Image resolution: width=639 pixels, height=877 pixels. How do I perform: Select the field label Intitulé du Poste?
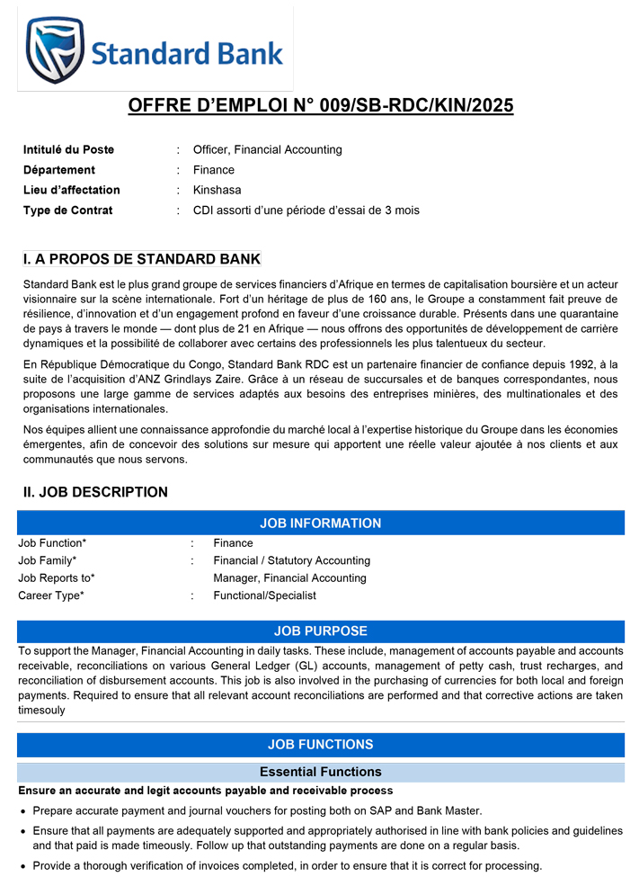tap(68, 149)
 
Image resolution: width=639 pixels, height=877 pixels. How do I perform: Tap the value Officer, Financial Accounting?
tap(267, 149)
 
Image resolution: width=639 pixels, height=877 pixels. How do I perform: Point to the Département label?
tap(58, 170)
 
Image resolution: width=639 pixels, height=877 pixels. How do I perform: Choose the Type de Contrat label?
tap(67, 210)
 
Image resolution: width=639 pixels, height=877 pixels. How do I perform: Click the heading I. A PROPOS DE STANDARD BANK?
tap(141, 260)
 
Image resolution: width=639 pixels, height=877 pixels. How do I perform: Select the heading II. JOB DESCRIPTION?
tap(95, 492)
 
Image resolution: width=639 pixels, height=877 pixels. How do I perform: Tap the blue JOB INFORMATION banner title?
tap(320, 524)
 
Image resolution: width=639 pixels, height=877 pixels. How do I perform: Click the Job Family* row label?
tap(47, 560)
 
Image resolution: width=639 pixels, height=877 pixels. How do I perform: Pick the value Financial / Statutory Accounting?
tap(291, 560)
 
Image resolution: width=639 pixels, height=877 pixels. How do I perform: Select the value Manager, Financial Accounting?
tap(289, 578)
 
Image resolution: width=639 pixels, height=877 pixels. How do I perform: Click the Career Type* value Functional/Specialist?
tap(264, 595)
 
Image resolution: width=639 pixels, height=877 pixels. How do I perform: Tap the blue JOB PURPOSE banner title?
tap(320, 631)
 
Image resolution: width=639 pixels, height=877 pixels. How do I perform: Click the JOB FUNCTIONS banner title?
tap(320, 745)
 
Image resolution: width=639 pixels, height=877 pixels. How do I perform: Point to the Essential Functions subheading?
tap(320, 772)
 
